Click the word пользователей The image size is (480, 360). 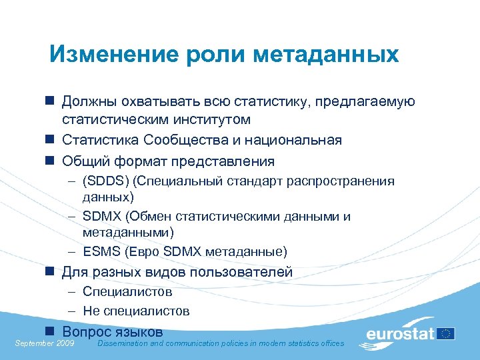click(x=243, y=272)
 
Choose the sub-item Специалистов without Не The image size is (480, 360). click(x=127, y=291)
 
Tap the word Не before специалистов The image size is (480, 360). click(x=91, y=311)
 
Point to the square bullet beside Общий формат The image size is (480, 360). click(x=49, y=161)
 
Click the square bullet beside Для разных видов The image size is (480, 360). click(x=49, y=272)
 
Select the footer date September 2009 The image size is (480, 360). click(x=44, y=343)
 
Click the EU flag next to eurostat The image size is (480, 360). click(x=446, y=333)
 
